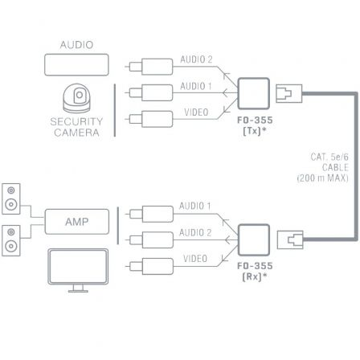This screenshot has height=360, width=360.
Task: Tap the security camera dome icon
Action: click(x=77, y=100)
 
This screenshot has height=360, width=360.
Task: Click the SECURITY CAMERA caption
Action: click(x=77, y=127)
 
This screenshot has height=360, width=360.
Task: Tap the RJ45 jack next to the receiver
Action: click(x=289, y=239)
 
